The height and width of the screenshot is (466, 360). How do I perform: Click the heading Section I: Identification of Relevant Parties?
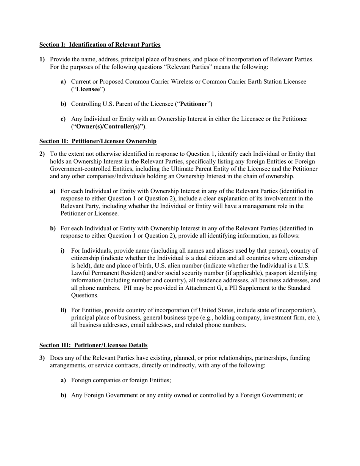pos(100,45)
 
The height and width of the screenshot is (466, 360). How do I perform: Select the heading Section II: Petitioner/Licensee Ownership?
pos(98,141)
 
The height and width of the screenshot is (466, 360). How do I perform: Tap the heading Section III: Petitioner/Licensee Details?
pos(93,345)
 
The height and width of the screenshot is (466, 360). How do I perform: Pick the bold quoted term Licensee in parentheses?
pos(88,89)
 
